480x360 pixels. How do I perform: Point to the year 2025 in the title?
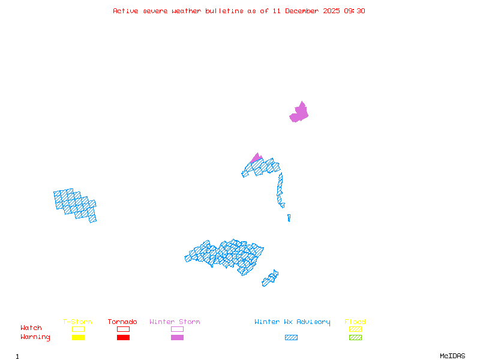point(332,11)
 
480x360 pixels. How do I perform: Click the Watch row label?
point(31,328)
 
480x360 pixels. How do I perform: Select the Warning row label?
point(35,337)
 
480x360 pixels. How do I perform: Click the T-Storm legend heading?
point(77,322)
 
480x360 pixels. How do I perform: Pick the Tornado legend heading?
point(122,322)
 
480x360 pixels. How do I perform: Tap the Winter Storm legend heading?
point(175,322)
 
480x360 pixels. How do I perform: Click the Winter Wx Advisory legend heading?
point(292,322)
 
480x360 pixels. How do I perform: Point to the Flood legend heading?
point(355,322)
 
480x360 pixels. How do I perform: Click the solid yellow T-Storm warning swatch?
point(78,338)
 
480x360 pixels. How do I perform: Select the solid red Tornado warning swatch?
point(123,338)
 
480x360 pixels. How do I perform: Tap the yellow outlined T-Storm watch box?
point(78,329)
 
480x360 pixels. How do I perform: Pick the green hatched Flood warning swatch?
point(355,338)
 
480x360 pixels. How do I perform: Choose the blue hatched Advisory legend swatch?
point(291,338)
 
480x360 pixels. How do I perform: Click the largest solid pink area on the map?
point(299,113)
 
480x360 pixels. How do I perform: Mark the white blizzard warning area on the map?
point(287,206)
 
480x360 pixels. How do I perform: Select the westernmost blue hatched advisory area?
point(76,205)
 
